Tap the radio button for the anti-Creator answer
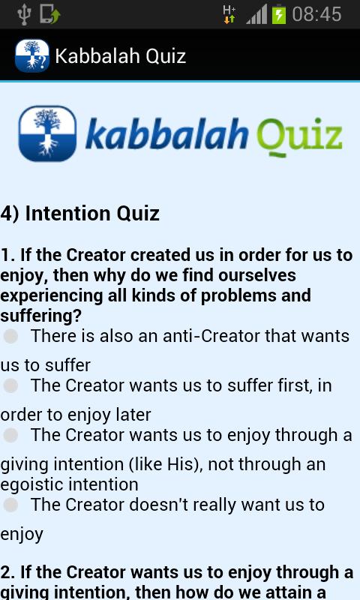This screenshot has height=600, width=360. click(10, 337)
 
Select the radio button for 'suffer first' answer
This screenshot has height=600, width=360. click(10, 386)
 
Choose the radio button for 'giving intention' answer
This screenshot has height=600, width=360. click(10, 436)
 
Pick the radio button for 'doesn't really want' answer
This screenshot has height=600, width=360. click(10, 505)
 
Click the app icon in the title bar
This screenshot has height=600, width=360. click(31, 56)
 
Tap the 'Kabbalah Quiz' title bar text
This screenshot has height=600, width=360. click(120, 56)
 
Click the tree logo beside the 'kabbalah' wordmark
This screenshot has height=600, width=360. click(47, 133)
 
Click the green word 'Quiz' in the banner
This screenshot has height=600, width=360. click(299, 136)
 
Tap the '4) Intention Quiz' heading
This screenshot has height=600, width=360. click(80, 213)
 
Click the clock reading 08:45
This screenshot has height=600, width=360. click(316, 14)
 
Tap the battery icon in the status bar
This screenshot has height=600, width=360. click(279, 14)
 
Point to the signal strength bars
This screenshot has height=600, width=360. click(256, 14)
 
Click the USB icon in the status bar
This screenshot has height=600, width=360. click(22, 14)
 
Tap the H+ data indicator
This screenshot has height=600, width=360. click(229, 14)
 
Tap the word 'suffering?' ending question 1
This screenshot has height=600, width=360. click(40, 315)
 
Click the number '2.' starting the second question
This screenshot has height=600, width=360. click(9, 573)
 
